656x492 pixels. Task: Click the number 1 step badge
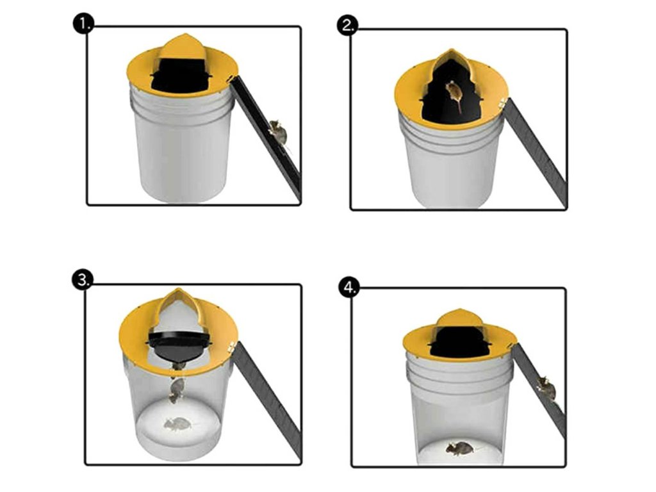83,25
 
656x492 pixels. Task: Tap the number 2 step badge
347,26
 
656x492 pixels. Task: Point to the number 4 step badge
349,288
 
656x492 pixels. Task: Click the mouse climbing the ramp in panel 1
277,131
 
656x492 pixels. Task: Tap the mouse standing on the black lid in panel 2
453,95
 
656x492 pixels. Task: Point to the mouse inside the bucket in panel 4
459,448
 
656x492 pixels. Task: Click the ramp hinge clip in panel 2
502,102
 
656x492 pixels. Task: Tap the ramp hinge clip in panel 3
231,346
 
